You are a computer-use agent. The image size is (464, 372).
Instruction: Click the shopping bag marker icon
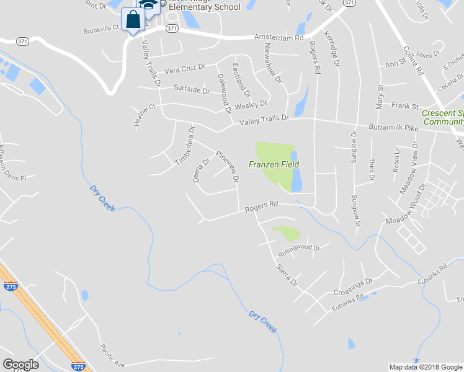[133, 19]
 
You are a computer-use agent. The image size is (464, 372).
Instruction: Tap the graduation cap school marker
[149, 5]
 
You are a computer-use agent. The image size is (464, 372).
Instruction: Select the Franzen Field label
[274, 164]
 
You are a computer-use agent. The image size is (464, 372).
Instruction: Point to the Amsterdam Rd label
[279, 38]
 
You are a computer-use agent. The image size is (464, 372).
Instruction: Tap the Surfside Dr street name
[192, 89]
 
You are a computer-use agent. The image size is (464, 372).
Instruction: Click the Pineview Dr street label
[227, 166]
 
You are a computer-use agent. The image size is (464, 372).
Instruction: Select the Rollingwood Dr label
[299, 250]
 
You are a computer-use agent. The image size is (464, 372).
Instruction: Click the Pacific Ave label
[112, 356]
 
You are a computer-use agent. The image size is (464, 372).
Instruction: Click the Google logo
[20, 365]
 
